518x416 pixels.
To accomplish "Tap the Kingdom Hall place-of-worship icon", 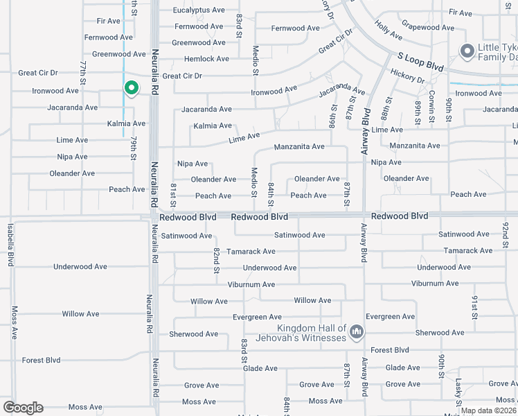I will pos(356,333).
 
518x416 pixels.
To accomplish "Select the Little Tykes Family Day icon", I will pos(467,51).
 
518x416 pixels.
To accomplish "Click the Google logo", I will pos(23,408).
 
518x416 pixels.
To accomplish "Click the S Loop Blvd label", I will pos(420,64).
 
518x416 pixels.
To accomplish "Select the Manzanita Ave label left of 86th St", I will pos(299,147).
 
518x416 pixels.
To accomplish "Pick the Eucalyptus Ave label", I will pos(199,10).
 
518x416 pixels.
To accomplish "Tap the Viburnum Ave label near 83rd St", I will pos(251,284).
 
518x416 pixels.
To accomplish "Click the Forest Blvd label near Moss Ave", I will pos(41,360).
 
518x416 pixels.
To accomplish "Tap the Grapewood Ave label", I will pos(428,28).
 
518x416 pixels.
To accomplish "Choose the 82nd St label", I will pos(216,259).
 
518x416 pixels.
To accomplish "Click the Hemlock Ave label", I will pos(206,59).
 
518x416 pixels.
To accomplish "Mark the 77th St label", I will pos(83,73).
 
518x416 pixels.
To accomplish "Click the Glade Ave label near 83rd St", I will pos(260,368).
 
